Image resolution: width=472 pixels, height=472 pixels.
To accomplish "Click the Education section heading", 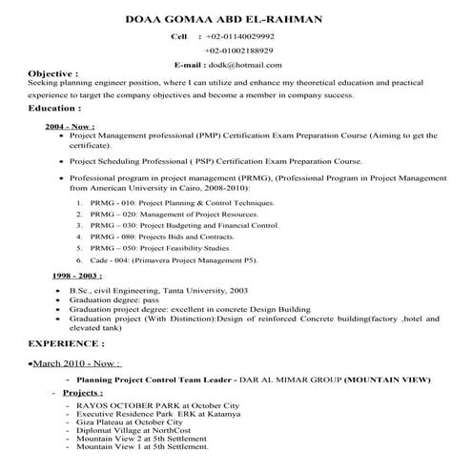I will point(53,109).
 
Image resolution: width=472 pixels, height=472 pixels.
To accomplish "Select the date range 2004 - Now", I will point(69,126).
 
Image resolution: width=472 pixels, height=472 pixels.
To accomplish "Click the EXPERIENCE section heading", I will point(71,340).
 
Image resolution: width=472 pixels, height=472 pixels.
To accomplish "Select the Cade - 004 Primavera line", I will point(186,260).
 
